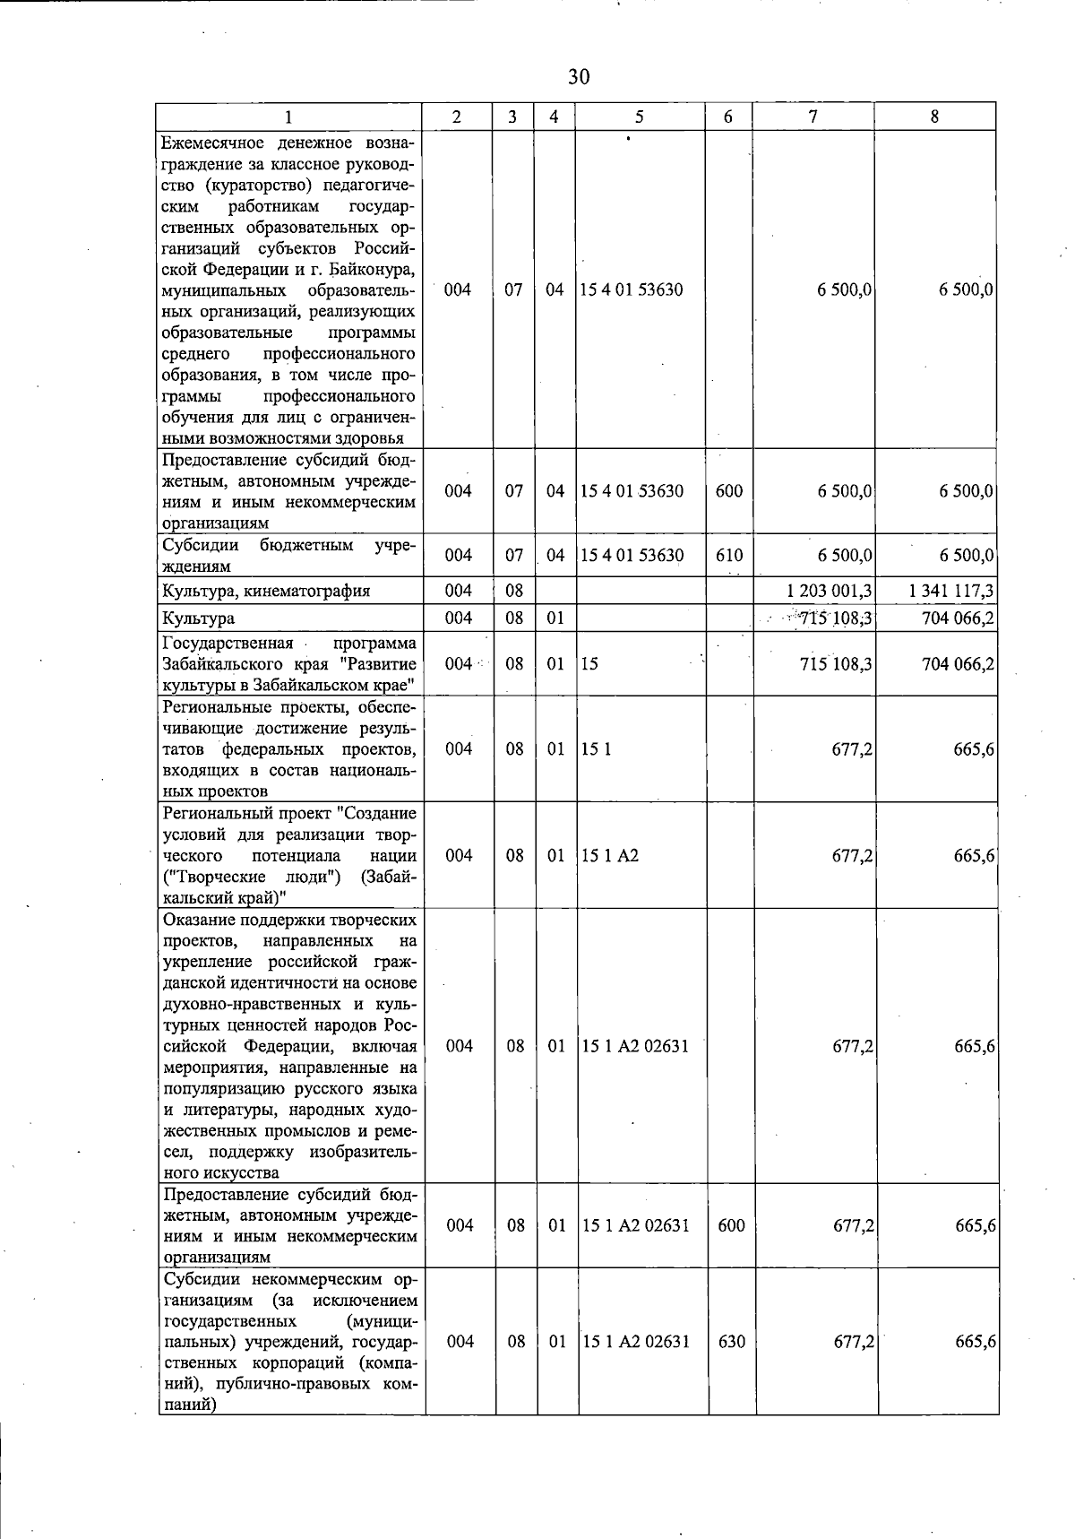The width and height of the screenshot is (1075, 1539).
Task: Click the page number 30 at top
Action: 579,77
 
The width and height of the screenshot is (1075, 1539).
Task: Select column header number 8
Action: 934,117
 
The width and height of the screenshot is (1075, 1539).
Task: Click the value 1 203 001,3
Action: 830,591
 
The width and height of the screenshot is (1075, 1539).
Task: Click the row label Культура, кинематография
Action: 266,591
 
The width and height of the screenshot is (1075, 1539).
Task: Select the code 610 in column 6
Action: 729,556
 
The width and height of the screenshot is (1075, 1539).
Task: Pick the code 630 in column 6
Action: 731,1342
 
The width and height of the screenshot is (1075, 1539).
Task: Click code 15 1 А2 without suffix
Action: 610,855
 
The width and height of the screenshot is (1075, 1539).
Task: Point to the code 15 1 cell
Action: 597,749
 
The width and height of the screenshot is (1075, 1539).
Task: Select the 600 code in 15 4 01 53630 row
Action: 729,491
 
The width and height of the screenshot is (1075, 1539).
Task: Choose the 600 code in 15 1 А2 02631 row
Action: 731,1225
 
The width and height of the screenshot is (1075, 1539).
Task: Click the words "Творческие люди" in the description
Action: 254,877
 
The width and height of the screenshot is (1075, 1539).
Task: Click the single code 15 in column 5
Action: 589,664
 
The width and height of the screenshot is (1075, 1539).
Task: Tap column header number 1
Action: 288,117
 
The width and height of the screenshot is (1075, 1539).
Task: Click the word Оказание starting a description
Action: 195,920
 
